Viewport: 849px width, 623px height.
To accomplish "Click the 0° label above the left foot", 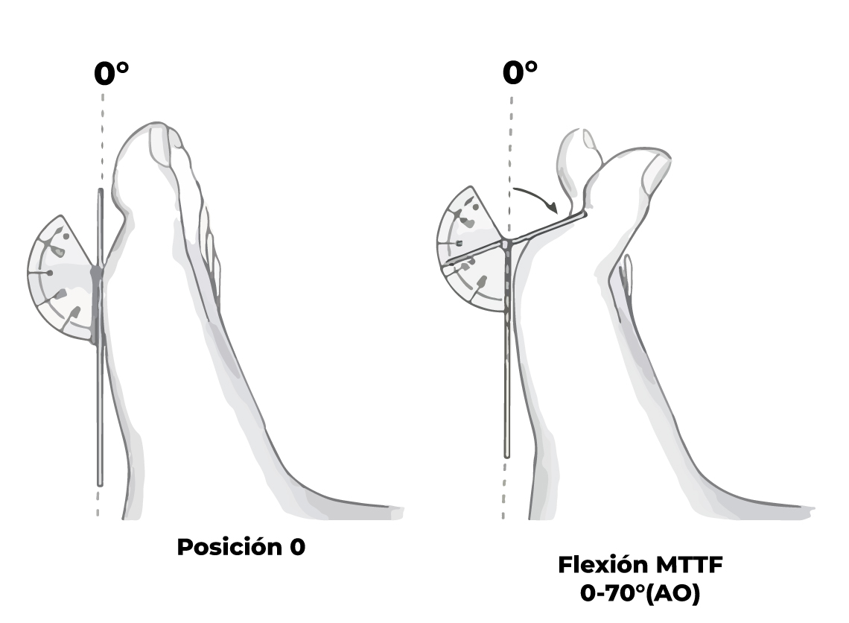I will [x=111, y=74].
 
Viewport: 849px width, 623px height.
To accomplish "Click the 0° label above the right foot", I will [x=520, y=73].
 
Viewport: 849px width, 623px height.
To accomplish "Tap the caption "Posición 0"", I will [x=241, y=547].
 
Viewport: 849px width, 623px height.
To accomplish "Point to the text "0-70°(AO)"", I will [x=640, y=594].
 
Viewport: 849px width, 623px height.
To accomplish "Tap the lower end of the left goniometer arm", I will [x=101, y=480].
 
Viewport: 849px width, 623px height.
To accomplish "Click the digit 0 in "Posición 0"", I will [x=297, y=547].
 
